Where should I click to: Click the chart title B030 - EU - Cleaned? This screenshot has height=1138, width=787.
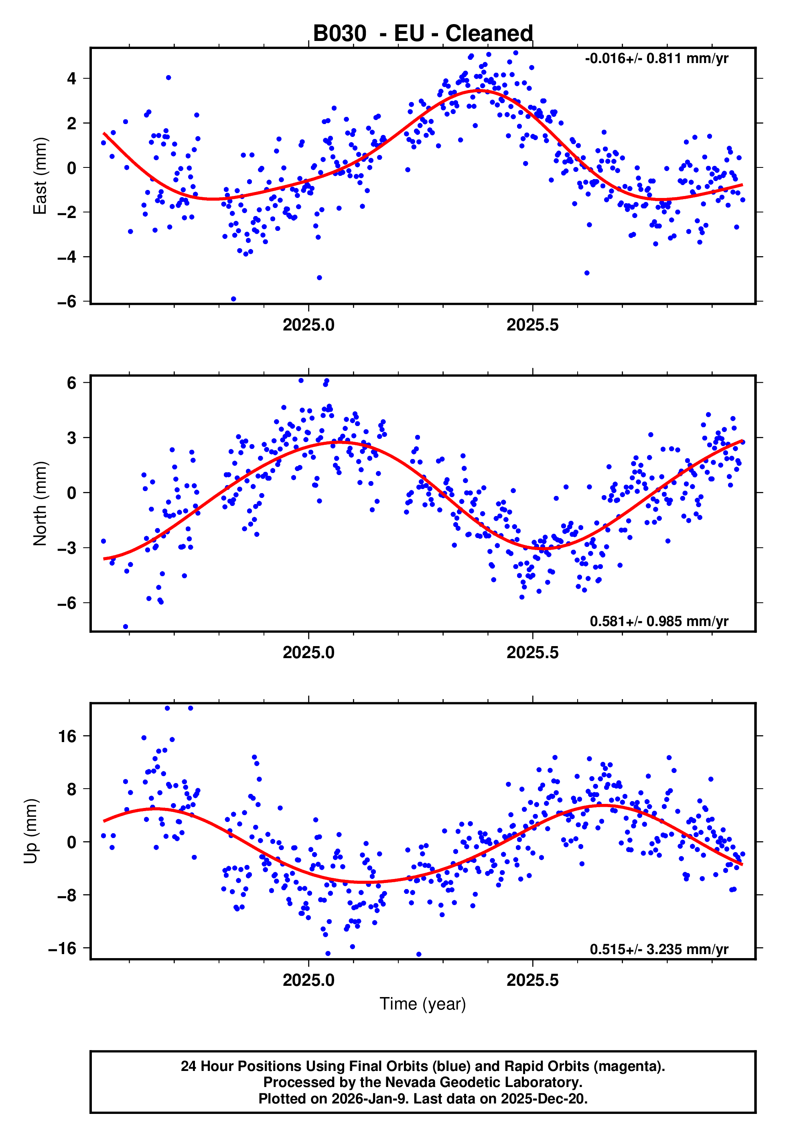[x=423, y=34]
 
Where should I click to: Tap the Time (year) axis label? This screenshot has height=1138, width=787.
[x=423, y=1004]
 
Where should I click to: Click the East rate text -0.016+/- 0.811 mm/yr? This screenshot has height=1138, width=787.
[x=656, y=59]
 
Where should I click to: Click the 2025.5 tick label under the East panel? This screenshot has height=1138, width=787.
[x=533, y=325]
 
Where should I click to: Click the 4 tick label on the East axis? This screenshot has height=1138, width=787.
[x=72, y=78]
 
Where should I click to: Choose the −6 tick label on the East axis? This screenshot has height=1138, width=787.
[x=67, y=302]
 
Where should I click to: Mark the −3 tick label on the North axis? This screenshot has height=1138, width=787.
[x=67, y=548]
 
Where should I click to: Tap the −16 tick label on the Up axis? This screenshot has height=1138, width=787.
[x=63, y=948]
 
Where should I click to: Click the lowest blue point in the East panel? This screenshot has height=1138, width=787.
[x=233, y=299]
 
